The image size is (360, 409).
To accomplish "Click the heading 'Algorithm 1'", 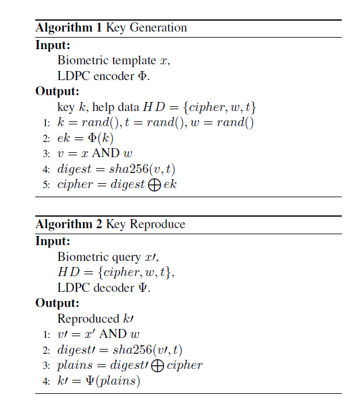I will point(69,28).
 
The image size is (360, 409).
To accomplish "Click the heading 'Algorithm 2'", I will point(69,224).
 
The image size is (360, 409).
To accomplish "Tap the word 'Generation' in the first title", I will point(161,28).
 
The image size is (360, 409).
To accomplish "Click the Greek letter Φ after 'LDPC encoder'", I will point(145,76).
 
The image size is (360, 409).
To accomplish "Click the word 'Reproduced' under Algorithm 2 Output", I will point(87,319).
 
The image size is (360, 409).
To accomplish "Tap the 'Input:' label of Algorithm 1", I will point(53,45).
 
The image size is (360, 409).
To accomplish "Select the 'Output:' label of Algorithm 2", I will point(56,303).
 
